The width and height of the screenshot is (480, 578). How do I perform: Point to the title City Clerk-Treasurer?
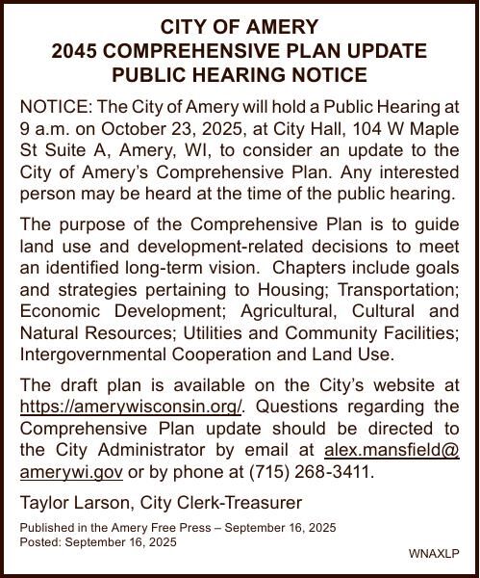[221, 502]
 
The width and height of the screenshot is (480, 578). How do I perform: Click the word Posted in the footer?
[38, 542]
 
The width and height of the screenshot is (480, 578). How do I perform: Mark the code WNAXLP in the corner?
[434, 553]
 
